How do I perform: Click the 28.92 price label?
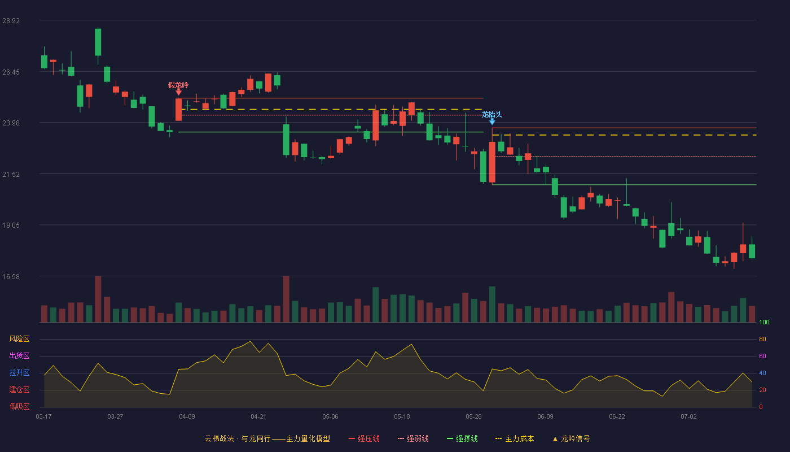(11, 21)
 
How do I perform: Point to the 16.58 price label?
(11, 276)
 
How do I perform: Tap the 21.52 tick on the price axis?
(11, 175)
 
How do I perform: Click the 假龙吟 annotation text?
(178, 85)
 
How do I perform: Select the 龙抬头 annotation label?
(492, 114)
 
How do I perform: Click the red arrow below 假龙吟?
(179, 93)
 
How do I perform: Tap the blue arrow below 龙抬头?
(492, 122)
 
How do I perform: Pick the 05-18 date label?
(402, 417)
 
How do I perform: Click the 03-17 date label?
(44, 417)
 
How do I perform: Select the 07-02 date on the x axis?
(689, 417)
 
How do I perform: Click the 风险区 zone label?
(19, 339)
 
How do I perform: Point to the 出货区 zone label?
(19, 356)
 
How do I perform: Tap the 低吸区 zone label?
(19, 407)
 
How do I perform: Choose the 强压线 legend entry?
(365, 438)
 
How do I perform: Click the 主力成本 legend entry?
(515, 438)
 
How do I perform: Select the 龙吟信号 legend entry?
(571, 438)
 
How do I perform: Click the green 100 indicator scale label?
(764, 322)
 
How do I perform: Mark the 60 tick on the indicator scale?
(762, 356)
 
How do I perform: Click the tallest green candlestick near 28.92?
(98, 42)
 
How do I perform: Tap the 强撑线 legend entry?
(462, 438)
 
